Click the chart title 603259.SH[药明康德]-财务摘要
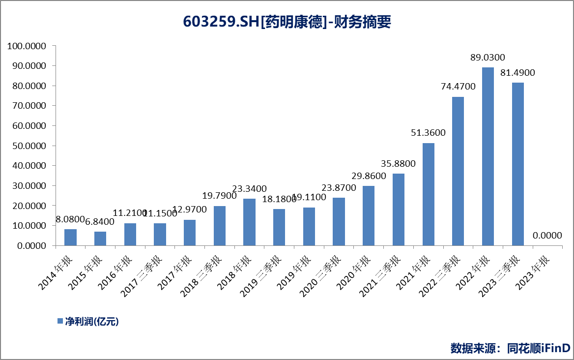click(x=287, y=22)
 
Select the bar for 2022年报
click(x=488, y=156)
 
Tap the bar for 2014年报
click(x=70, y=237)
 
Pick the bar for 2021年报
click(x=429, y=194)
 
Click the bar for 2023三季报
click(x=518, y=164)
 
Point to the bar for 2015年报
click(x=100, y=239)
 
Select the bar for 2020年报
click(x=369, y=215)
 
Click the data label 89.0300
click(x=488, y=58)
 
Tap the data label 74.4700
click(x=458, y=87)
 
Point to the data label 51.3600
click(x=429, y=133)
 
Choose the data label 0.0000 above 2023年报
click(x=547, y=236)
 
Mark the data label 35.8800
click(x=399, y=164)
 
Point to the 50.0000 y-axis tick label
click(x=29, y=146)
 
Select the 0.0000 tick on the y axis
click(x=30, y=245)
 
